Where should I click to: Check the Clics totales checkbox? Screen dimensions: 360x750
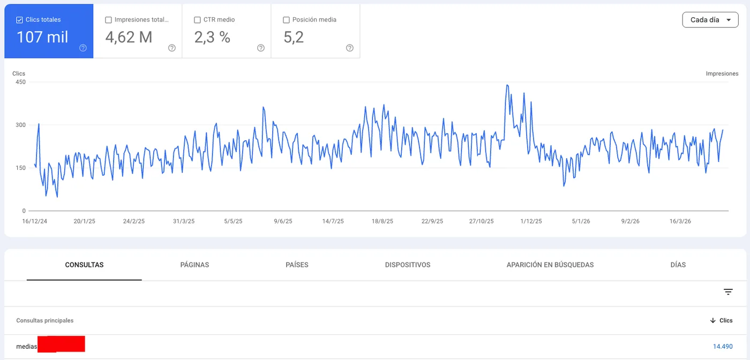[x=20, y=20]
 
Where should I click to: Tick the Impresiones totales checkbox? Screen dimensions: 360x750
[x=109, y=20]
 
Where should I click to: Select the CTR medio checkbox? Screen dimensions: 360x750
[x=198, y=20]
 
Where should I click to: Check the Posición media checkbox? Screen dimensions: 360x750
[x=287, y=20]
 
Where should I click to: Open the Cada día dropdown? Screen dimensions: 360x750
[x=710, y=20]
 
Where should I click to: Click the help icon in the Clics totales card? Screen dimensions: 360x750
[x=83, y=48]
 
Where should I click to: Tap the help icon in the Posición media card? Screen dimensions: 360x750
[x=350, y=48]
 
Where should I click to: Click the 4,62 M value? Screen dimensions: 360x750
[x=129, y=37]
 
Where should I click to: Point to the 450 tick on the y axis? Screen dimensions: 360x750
[x=20, y=82]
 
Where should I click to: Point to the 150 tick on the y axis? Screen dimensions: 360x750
[x=20, y=168]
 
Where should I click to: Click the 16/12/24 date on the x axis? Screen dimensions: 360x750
[x=35, y=221]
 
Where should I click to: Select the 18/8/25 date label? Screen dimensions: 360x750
[x=382, y=221]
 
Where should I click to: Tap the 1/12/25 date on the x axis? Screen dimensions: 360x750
[x=531, y=221]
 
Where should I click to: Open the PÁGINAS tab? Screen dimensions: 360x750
[x=194, y=265]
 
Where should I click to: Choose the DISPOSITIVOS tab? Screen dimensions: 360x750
[x=407, y=265]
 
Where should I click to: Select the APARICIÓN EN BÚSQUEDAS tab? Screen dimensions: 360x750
[x=550, y=265]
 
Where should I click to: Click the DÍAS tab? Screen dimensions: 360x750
[x=678, y=265]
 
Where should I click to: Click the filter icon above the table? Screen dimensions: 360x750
[x=728, y=292]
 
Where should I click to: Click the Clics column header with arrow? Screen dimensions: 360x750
[x=721, y=320]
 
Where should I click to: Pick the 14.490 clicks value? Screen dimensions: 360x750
[x=722, y=347]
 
